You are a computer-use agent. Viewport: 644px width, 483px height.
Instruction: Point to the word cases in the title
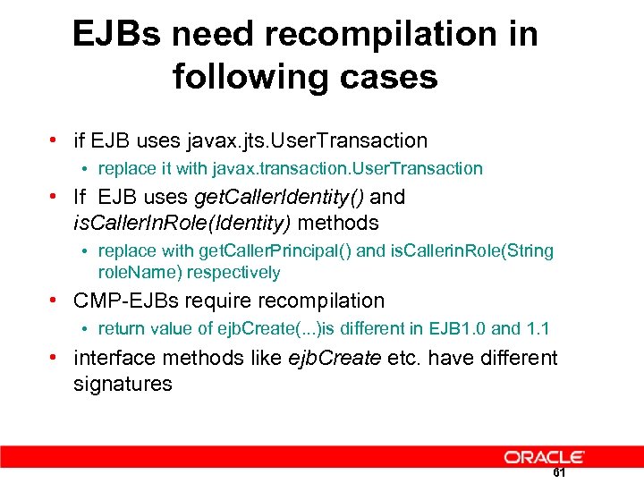pos(394,77)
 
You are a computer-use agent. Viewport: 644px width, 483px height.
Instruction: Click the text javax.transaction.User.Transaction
pos(348,168)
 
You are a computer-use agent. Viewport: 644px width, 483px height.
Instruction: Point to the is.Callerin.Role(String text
pos(472,250)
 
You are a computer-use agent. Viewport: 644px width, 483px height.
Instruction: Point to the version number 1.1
pos(538,329)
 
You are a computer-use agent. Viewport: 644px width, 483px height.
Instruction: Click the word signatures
pos(123,384)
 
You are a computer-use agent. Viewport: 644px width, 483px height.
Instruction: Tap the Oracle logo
pos(544,457)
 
